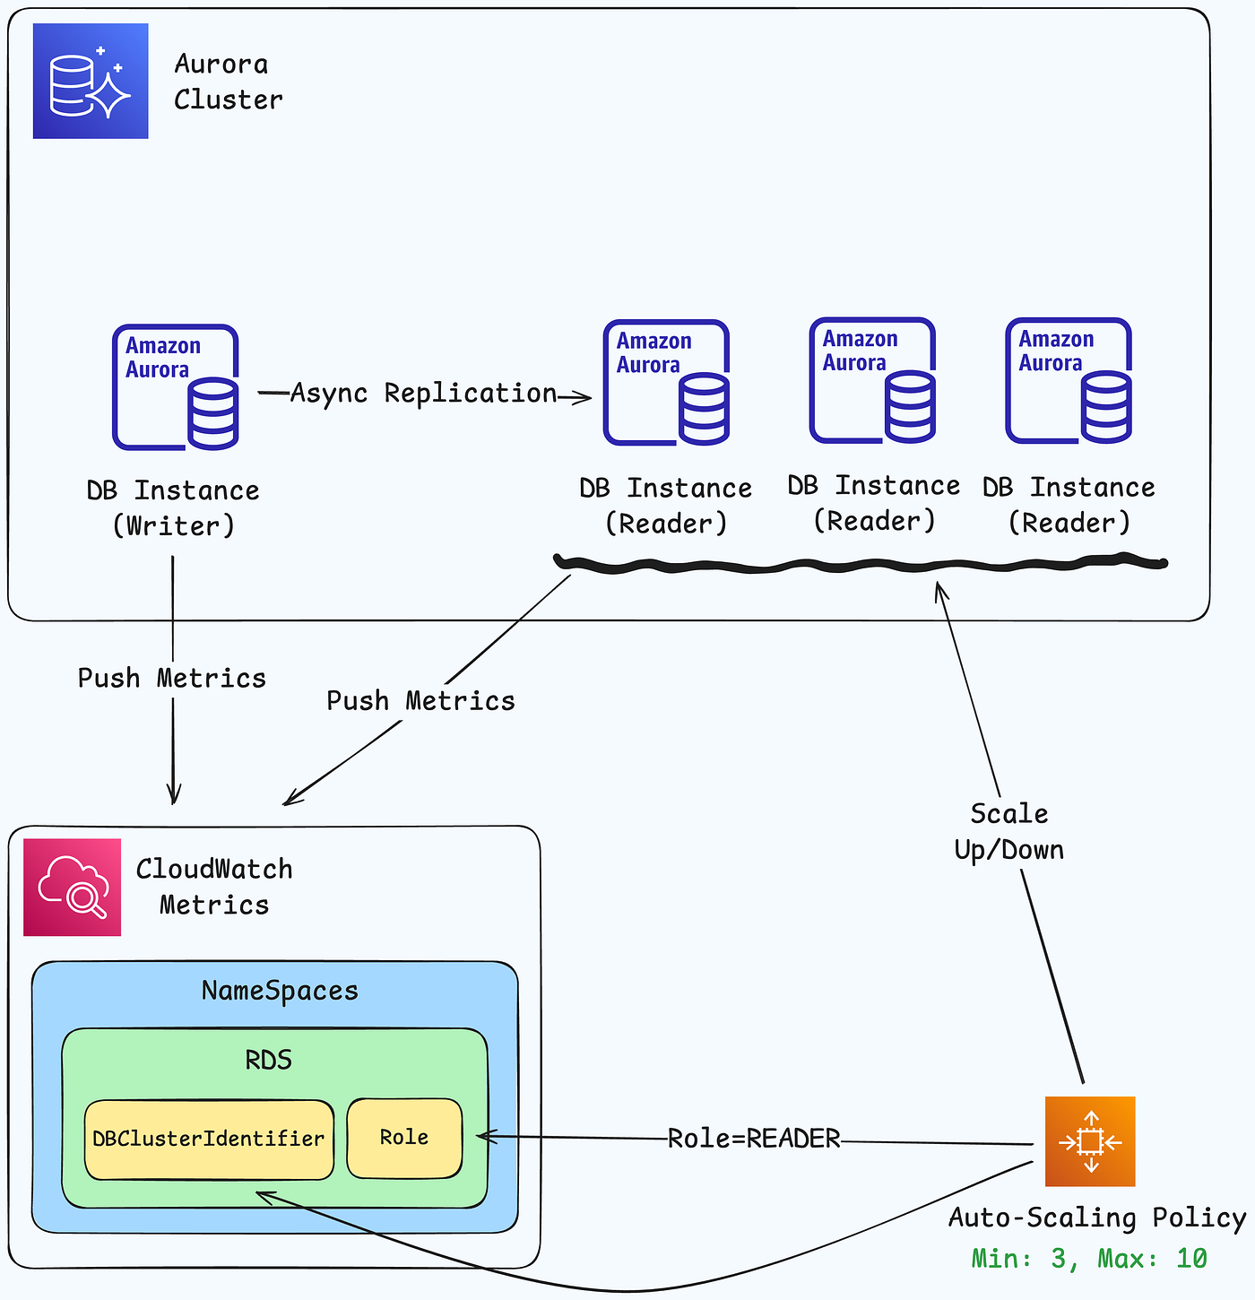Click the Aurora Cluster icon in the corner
[x=91, y=82]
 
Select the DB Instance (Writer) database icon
[x=176, y=387]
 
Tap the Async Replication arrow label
[x=424, y=394]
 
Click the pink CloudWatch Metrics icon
[x=73, y=888]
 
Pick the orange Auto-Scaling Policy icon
[x=1090, y=1141]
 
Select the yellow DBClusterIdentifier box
[x=209, y=1140]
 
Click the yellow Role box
[x=404, y=1138]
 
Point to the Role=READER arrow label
[x=754, y=1139]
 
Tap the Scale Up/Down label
[x=1009, y=832]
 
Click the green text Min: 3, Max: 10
[x=1089, y=1259]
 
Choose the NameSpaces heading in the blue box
[x=280, y=991]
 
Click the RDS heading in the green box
[x=269, y=1061]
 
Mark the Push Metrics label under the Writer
[x=172, y=678]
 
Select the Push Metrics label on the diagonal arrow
[x=420, y=701]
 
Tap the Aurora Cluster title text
[x=229, y=82]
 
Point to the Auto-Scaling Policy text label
[x=1097, y=1218]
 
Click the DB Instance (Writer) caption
[x=173, y=508]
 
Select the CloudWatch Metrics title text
[x=214, y=887]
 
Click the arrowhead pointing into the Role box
[x=481, y=1137]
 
